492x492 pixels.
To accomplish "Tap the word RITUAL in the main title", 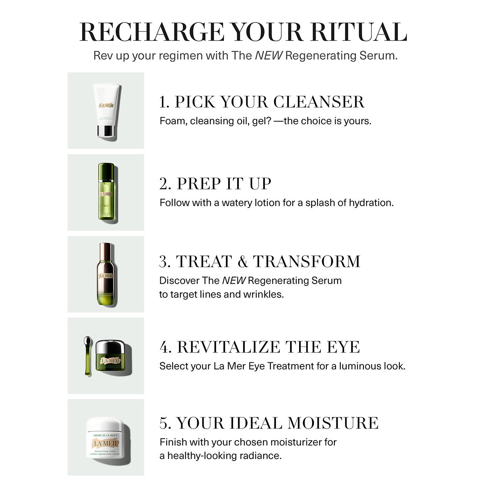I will click(x=358, y=32).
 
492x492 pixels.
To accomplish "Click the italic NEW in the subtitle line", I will click(x=268, y=55).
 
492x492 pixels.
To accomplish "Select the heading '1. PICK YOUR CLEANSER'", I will click(x=262, y=102).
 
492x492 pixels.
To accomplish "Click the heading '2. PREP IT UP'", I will click(x=215, y=184).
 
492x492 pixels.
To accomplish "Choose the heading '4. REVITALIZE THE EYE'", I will click(x=259, y=347).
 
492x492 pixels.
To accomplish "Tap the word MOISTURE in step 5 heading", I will click(x=333, y=423).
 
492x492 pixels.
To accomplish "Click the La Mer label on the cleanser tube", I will click(x=106, y=106).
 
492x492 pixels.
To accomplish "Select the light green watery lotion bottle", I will click(x=106, y=193).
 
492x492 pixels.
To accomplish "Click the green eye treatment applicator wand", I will click(x=87, y=356).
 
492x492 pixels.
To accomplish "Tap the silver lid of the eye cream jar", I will click(x=113, y=347).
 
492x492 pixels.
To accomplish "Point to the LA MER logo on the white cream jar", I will click(x=105, y=443).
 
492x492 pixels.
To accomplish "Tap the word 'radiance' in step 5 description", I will click(x=262, y=456).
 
